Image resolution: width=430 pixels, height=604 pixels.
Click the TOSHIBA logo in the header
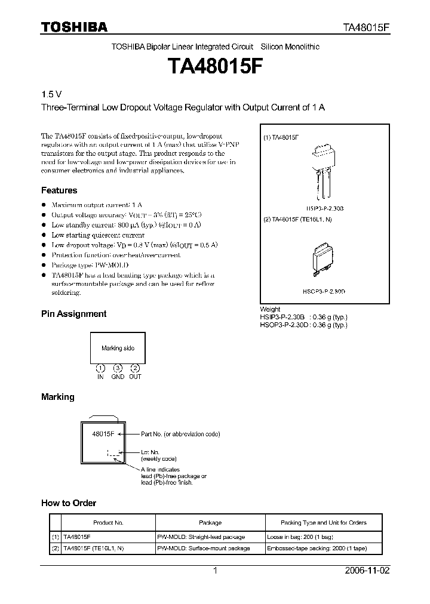click(x=74, y=27)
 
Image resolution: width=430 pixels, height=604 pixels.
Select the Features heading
click(x=59, y=190)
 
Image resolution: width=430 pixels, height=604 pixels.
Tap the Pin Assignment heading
click(x=73, y=313)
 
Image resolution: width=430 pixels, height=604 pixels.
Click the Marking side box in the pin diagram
click(x=118, y=348)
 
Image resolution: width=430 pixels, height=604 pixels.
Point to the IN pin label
click(x=101, y=377)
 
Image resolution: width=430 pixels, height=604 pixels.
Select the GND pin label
click(x=118, y=377)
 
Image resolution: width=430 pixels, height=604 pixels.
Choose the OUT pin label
click(x=136, y=377)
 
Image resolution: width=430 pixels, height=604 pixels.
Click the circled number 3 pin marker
click(x=118, y=368)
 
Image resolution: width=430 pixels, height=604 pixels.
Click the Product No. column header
click(x=108, y=522)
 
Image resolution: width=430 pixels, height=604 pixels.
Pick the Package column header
click(x=210, y=522)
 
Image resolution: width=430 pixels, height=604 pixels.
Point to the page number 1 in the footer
click(x=216, y=571)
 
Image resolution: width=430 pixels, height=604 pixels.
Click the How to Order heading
click(x=69, y=503)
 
